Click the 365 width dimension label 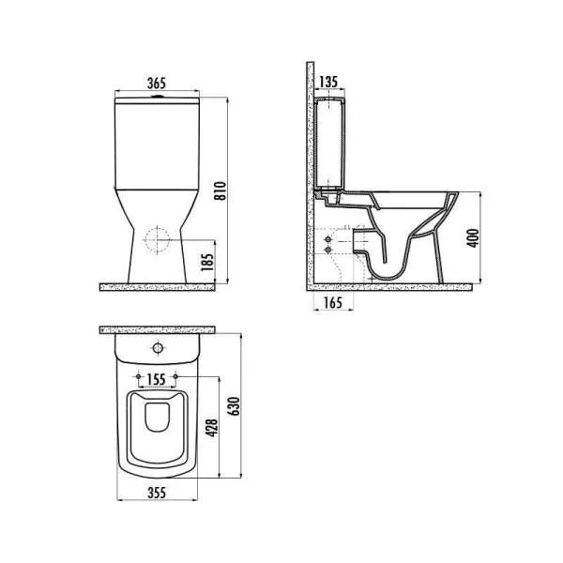(x=157, y=84)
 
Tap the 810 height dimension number (x=221, y=190)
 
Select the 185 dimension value (x=207, y=262)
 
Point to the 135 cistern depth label (x=328, y=82)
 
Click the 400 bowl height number (x=473, y=237)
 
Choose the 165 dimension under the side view (x=333, y=303)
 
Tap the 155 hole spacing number (x=157, y=379)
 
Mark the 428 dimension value (x=211, y=428)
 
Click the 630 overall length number (x=234, y=406)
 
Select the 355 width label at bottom (x=157, y=493)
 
